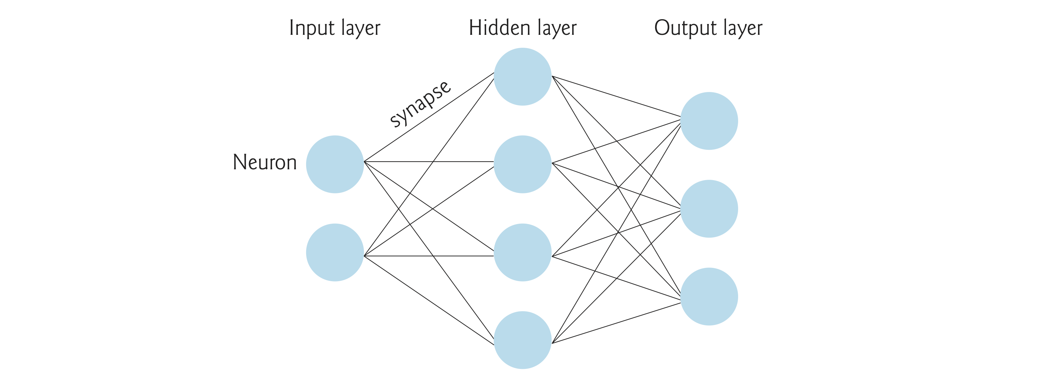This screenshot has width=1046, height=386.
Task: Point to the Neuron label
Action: tap(265, 162)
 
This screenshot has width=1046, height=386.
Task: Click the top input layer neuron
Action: tap(335, 164)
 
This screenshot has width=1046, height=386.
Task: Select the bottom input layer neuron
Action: tap(335, 253)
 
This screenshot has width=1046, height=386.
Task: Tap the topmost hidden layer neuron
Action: tap(523, 77)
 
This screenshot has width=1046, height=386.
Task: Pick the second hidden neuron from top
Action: tap(523, 164)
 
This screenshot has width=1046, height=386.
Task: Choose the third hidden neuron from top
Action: tap(523, 253)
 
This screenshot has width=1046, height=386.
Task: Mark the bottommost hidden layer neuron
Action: tap(523, 340)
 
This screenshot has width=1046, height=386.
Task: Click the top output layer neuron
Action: tap(709, 121)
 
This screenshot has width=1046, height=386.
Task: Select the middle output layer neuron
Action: tap(709, 209)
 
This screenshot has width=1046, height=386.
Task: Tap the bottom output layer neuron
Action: tap(709, 296)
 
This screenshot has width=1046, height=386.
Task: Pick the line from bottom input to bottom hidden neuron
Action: tap(429, 300)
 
